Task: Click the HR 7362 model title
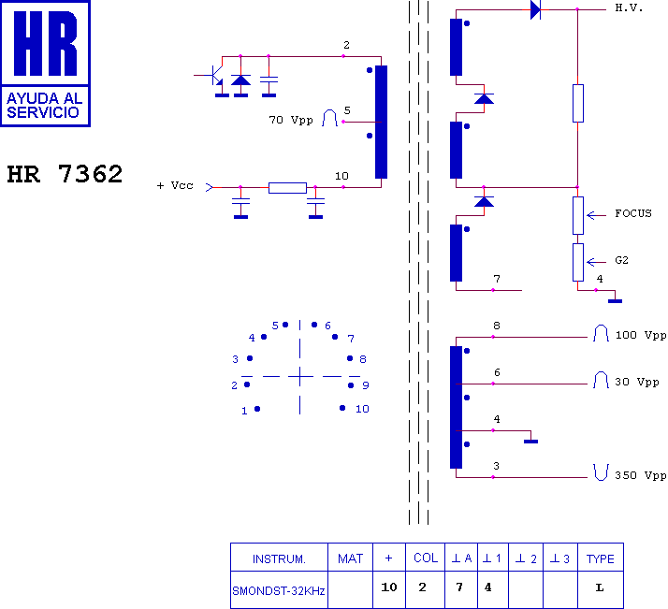65,174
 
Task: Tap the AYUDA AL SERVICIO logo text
44,105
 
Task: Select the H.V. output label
629,7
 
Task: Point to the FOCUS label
633,213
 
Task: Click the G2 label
621,260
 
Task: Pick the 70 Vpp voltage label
291,120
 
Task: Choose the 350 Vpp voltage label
640,475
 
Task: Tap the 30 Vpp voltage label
637,382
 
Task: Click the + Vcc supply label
175,185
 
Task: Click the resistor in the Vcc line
287,188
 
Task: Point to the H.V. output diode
535,9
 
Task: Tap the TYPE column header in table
601,558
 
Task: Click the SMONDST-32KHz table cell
279,590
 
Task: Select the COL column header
426,558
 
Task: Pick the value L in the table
600,587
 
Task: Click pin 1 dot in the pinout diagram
257,409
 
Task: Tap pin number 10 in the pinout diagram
362,409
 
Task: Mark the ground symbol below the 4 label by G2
616,301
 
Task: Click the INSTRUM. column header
279,559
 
